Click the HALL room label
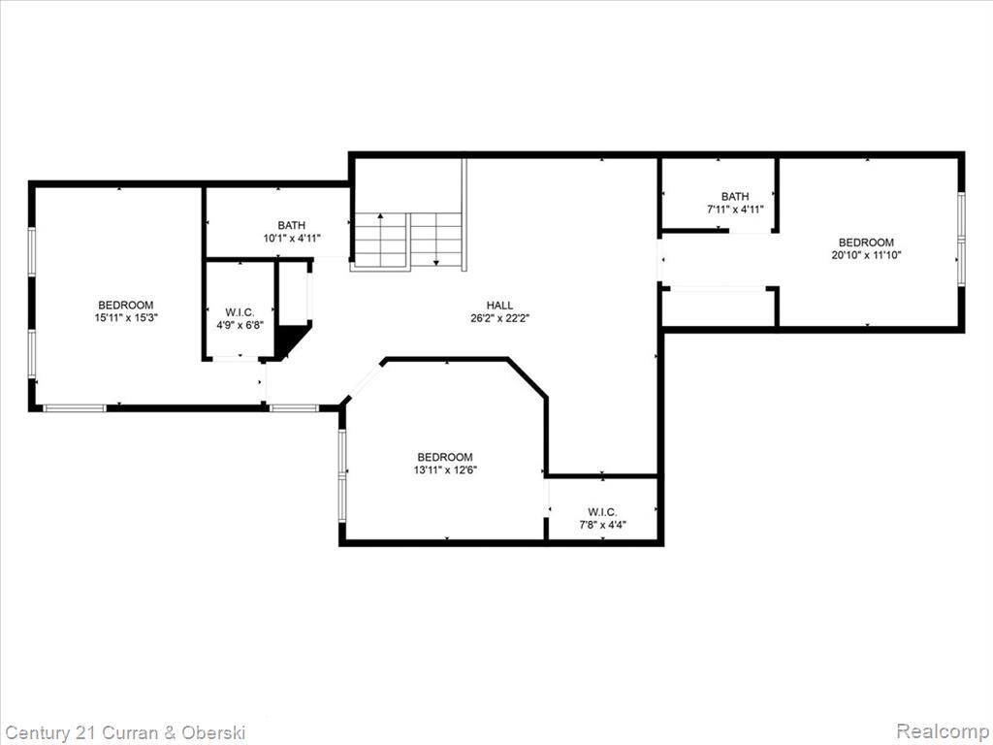coord(499,306)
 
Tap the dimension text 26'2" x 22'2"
coord(499,318)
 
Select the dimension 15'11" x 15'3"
coord(125,318)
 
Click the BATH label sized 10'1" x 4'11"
coord(291,225)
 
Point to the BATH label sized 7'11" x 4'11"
coord(735,196)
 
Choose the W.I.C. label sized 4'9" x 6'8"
coord(240,312)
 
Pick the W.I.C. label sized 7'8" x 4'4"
coord(602,512)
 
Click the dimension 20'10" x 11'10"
coord(866,255)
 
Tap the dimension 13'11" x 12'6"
coord(444,470)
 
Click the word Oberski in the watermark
coord(213,732)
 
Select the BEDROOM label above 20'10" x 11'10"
coord(866,242)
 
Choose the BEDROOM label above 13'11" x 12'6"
coord(444,457)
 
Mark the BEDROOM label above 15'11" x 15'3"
coord(125,305)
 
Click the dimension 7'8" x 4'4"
coord(602,525)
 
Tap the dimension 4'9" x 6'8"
coord(240,325)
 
